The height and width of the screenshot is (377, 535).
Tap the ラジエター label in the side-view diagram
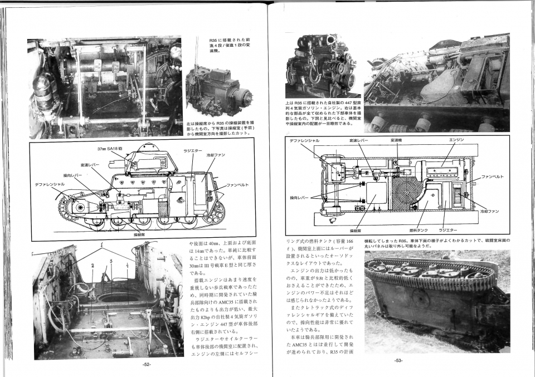pyautogui.click(x=192, y=150)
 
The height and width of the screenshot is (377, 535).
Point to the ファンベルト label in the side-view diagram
pyautogui.click(x=237, y=185)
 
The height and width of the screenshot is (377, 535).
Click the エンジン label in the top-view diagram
pyautogui.click(x=456, y=140)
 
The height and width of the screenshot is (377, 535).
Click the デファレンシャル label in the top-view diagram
pyautogui.click(x=305, y=140)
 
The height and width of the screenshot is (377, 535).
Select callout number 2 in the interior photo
pyautogui.click(x=93, y=266)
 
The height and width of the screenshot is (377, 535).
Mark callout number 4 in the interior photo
pyautogui.click(x=128, y=266)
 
